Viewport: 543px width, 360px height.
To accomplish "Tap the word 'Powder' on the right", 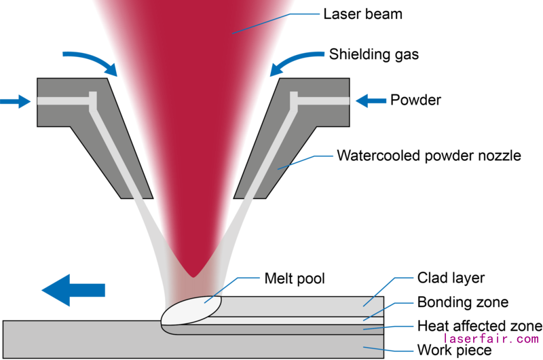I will pyautogui.click(x=415, y=101).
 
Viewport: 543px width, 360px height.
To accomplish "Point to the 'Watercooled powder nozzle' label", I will pyautogui.click(x=429, y=156).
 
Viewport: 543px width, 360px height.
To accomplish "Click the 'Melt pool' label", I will pyautogui.click(x=295, y=278).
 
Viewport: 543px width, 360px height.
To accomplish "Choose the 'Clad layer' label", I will pyautogui.click(x=449, y=278).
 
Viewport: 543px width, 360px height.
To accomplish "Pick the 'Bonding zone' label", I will pyautogui.click(x=462, y=302).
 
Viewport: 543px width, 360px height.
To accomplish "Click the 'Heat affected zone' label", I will pyautogui.click(x=479, y=325).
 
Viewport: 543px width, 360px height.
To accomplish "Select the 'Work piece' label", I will pyautogui.click(x=453, y=350).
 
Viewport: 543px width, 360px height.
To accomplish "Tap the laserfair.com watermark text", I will pyautogui.click(x=491, y=338).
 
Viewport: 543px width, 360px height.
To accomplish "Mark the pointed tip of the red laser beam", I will pyautogui.click(x=193, y=274).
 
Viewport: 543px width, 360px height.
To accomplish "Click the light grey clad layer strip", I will pyautogui.click(x=305, y=306).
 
